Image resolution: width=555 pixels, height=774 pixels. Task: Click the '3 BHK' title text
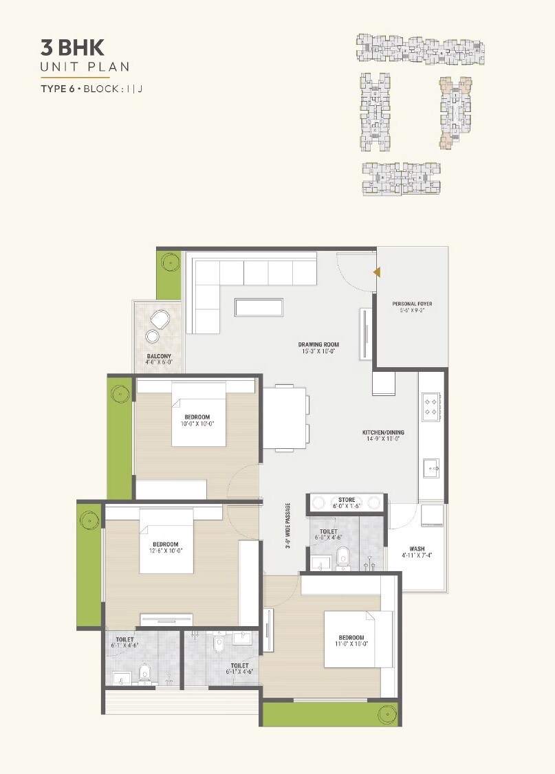pyautogui.click(x=73, y=47)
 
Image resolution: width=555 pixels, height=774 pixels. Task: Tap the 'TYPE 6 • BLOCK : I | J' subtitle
pyautogui.click(x=91, y=89)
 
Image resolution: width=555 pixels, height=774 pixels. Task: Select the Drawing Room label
pyautogui.click(x=318, y=349)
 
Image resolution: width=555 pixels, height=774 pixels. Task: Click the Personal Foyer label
pyautogui.click(x=412, y=307)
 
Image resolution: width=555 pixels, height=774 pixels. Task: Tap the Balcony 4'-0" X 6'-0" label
pyautogui.click(x=159, y=360)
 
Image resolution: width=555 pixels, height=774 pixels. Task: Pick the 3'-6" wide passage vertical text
pyautogui.click(x=288, y=526)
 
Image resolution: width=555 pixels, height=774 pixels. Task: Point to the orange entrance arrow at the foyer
pyautogui.click(x=376, y=272)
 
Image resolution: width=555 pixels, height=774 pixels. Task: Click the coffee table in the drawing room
pyautogui.click(x=259, y=307)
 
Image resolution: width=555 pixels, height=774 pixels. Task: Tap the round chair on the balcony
pyautogui.click(x=160, y=320)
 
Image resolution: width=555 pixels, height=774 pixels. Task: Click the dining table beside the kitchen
pyautogui.click(x=285, y=418)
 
